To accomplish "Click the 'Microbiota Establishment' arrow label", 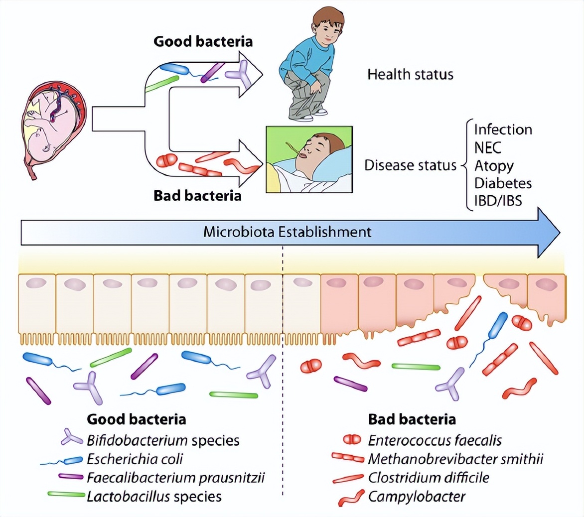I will pyautogui.click(x=287, y=232).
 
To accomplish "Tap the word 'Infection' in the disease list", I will pyautogui.click(x=503, y=129).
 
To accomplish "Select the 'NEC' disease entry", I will pyautogui.click(x=488, y=147).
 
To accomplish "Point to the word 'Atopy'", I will pyautogui.click(x=493, y=165).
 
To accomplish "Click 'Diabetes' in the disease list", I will pyautogui.click(x=503, y=183).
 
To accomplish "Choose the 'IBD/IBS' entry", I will pyautogui.click(x=498, y=201).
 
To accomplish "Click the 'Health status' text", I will pyautogui.click(x=410, y=75).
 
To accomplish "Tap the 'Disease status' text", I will pyautogui.click(x=410, y=165).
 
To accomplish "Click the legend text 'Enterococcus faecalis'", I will pyautogui.click(x=435, y=440).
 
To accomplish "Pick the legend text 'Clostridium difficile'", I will pyautogui.click(x=429, y=478).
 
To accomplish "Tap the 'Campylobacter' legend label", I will pyautogui.click(x=417, y=496).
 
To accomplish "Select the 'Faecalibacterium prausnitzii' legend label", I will pyautogui.click(x=175, y=478).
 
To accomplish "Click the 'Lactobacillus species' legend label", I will pyautogui.click(x=154, y=496).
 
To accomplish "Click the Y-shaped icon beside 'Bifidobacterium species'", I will pyautogui.click(x=72, y=438).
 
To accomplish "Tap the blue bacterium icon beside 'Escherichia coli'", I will pyautogui.click(x=71, y=459).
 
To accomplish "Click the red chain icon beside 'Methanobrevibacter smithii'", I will pyautogui.click(x=348, y=458).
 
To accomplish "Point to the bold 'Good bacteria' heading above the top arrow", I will pyautogui.click(x=203, y=41).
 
